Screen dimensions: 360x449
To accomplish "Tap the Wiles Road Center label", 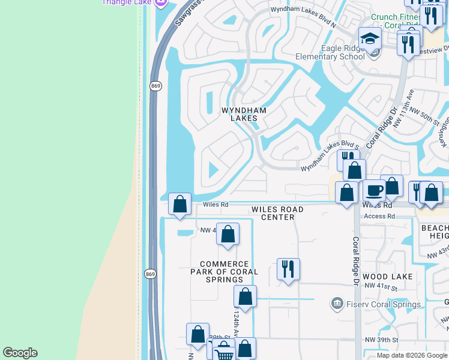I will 277,213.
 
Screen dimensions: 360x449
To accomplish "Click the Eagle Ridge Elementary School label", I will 330,53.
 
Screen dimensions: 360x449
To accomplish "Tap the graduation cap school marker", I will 370,38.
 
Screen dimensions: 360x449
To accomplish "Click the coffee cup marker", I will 374,190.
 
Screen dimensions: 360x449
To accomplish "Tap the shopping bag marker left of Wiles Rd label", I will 179,204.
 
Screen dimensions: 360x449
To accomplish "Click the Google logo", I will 20,353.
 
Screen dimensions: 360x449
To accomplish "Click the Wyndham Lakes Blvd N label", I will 302,10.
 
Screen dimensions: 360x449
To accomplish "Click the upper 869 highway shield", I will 155,86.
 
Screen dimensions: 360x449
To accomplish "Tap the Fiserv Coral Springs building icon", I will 337,304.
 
